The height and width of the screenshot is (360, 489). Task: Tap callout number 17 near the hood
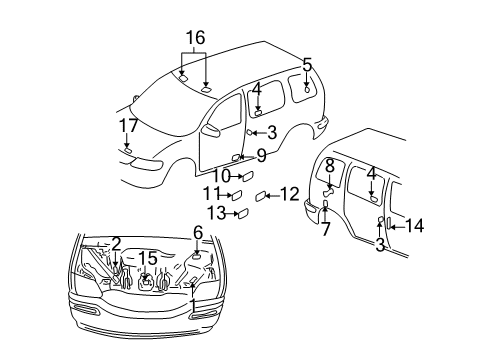(x=127, y=127)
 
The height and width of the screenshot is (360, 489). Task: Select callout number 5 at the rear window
(x=307, y=65)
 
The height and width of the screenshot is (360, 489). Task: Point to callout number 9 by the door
(x=261, y=155)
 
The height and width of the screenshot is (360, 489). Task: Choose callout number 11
(x=211, y=193)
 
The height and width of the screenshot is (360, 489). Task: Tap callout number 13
(x=216, y=212)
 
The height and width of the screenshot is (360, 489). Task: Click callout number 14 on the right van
(x=414, y=226)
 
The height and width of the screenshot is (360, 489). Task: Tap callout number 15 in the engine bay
(x=146, y=258)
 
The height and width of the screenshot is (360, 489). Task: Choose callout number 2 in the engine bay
(x=116, y=243)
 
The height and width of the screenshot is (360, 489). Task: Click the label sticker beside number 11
(x=237, y=195)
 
